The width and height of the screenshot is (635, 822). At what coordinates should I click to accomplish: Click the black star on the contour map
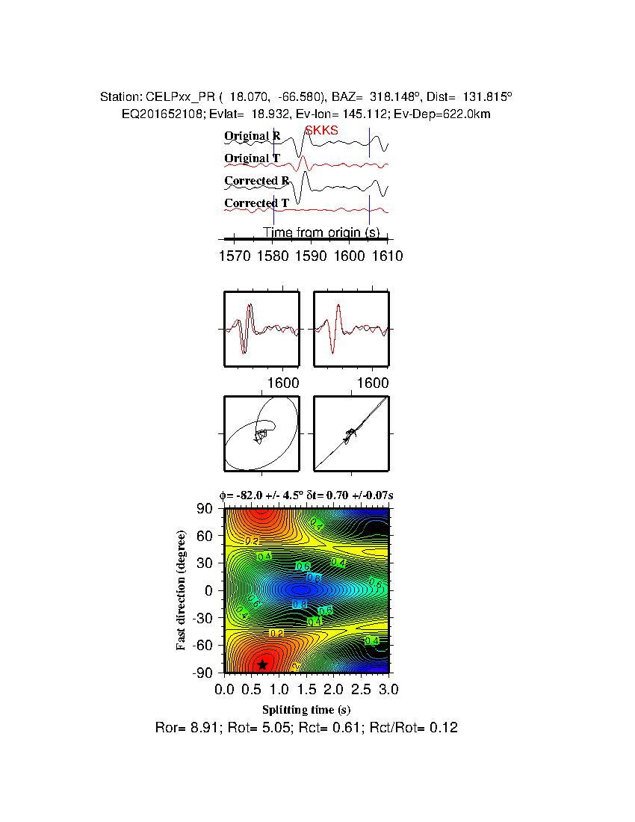coord(262,664)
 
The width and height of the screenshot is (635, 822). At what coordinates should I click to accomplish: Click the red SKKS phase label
coord(321,131)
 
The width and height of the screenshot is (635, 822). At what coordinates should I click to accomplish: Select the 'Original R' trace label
coord(253,136)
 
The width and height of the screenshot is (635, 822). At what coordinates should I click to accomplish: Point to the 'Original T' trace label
coord(253,158)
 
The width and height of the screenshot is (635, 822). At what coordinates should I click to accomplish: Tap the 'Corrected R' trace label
coord(256,181)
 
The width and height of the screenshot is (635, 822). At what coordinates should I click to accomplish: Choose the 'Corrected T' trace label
coord(256,203)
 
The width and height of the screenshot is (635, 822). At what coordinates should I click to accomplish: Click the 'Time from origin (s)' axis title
coord(320,232)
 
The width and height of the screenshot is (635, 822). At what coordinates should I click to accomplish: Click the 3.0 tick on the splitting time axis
coord(380,687)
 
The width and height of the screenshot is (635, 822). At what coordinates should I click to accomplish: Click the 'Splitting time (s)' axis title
coord(306,709)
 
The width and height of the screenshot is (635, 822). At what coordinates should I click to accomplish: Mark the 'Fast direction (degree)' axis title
coord(182,590)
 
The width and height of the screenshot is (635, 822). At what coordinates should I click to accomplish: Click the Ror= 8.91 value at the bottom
coord(180,727)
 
